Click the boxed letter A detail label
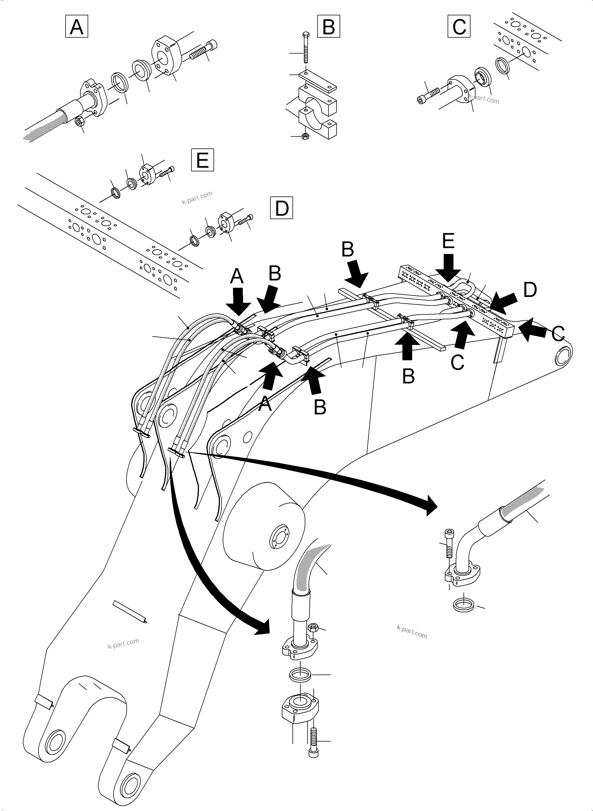(x=76, y=27)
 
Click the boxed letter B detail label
(x=328, y=27)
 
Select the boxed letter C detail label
(x=459, y=27)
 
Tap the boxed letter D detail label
(x=281, y=208)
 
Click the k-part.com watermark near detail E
(x=197, y=197)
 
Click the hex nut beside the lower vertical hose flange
(x=312, y=628)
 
